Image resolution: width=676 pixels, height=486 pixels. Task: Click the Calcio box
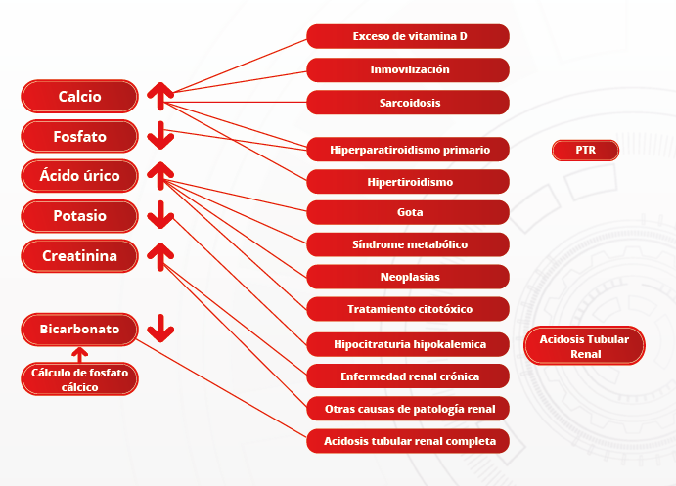click(80, 96)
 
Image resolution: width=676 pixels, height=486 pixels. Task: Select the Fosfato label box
click(80, 136)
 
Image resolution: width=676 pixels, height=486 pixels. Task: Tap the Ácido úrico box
click(80, 176)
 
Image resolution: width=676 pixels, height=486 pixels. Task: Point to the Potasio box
click(80, 216)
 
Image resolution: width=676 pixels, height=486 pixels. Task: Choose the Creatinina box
click(80, 256)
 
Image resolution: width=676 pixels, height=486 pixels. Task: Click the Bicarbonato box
click(80, 330)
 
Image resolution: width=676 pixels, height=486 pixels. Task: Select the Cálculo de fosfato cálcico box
click(80, 379)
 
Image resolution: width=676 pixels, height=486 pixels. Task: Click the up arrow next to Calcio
click(160, 96)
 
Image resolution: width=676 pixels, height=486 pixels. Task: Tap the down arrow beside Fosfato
click(160, 135)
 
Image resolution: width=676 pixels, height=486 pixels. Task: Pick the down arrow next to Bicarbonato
click(160, 329)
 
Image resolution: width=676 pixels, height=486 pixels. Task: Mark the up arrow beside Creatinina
click(160, 257)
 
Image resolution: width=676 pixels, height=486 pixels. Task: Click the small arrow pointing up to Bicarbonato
click(80, 355)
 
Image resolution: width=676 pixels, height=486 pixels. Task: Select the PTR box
click(585, 150)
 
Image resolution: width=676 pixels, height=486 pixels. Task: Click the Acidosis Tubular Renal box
click(585, 346)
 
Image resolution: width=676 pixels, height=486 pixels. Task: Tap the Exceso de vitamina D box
click(408, 36)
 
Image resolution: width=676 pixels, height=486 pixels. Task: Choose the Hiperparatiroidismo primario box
click(408, 150)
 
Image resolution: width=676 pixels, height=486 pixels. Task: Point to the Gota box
click(408, 212)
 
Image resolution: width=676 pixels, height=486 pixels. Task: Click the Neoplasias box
click(408, 277)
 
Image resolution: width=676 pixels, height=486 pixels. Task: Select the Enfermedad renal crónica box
click(408, 376)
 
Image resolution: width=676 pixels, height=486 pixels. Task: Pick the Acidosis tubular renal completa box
click(408, 441)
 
